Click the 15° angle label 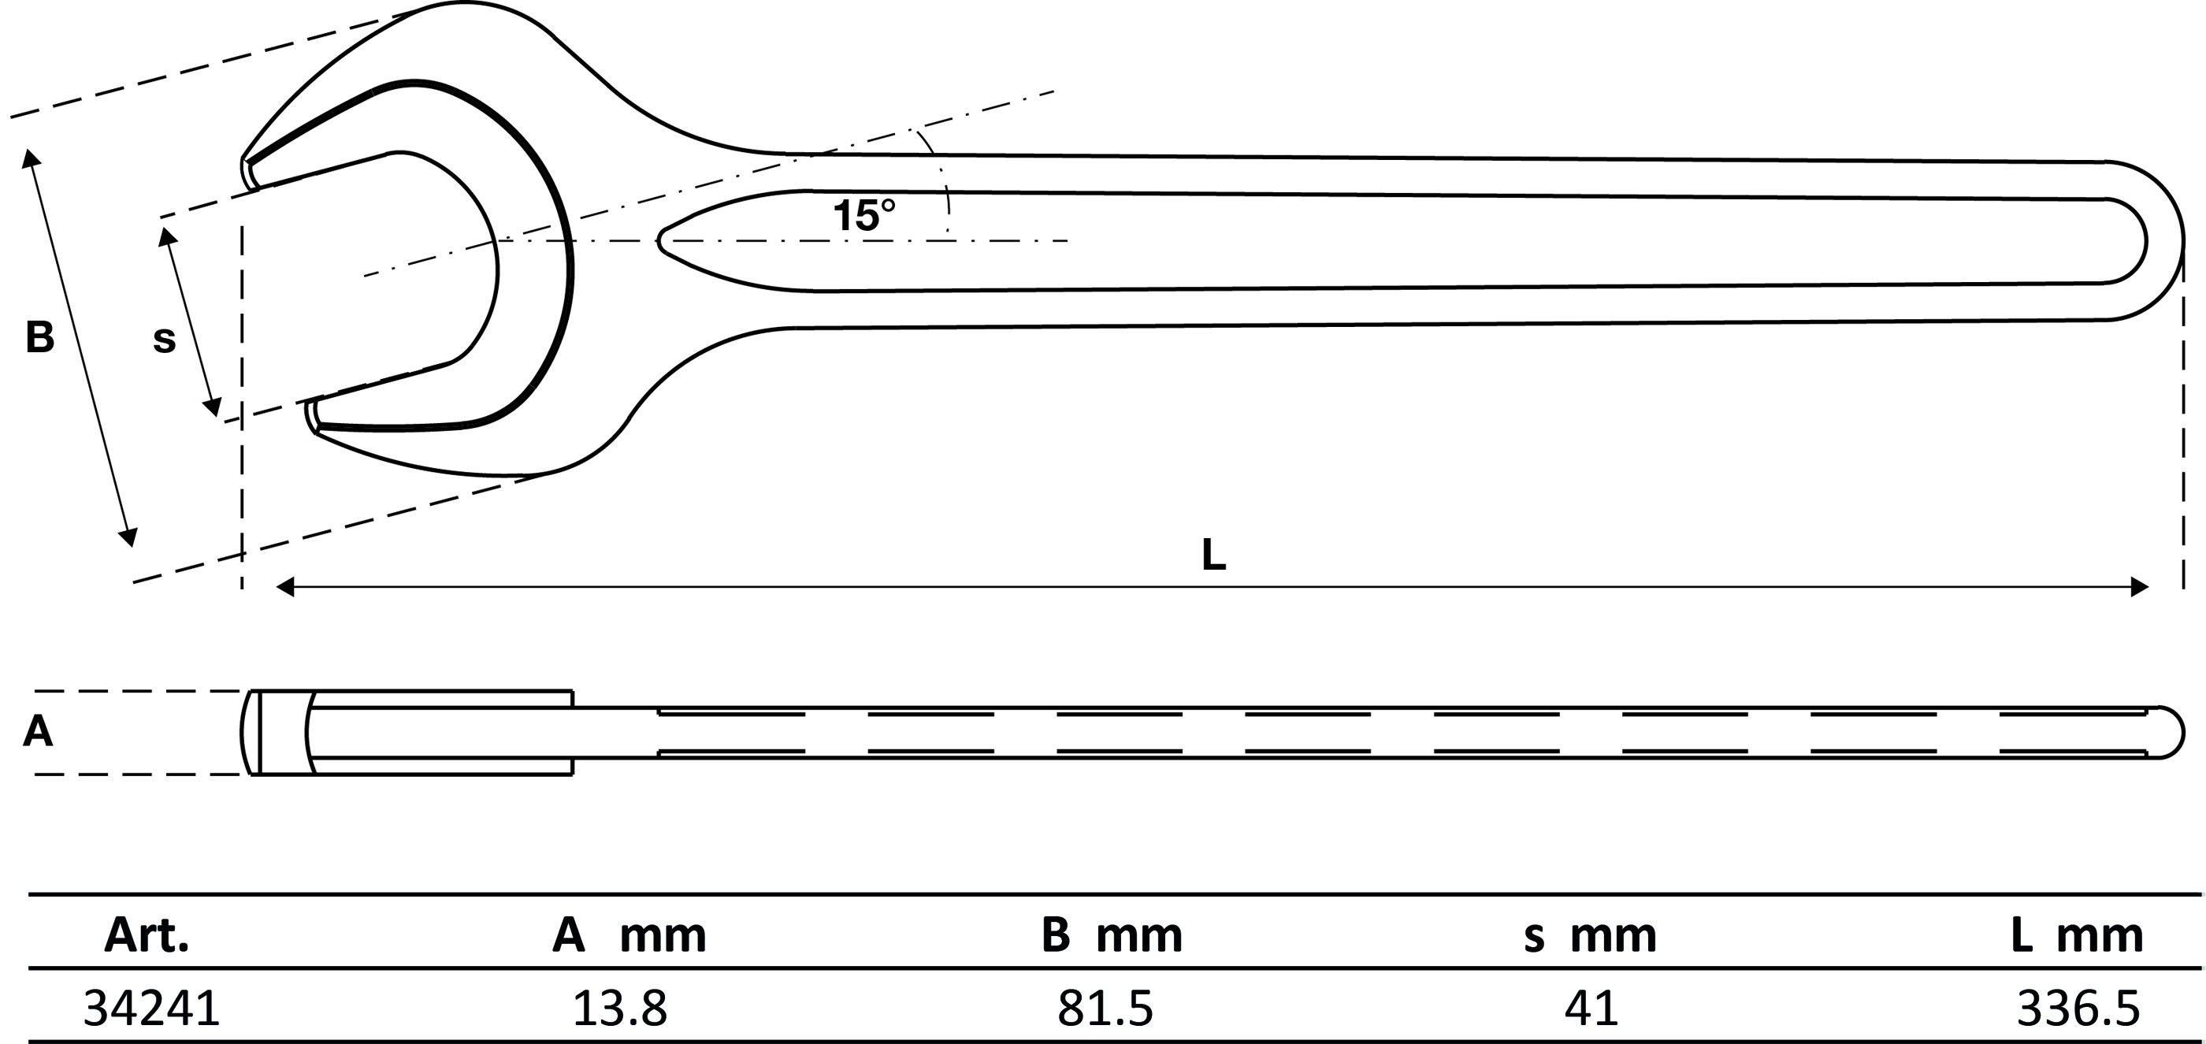tap(864, 215)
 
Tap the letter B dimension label tap(39, 337)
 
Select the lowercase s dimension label tap(164, 340)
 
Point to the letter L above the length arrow tap(1213, 555)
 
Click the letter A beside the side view tap(38, 732)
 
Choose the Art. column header tap(147, 935)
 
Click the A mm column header tap(629, 935)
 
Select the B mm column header tap(1112, 935)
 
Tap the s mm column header tap(1590, 935)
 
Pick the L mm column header tap(2077, 935)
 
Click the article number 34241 tap(151, 1008)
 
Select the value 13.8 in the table tap(619, 1008)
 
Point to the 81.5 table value tap(1105, 1008)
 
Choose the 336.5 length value tap(2078, 1008)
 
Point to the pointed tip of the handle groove tap(660, 240)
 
